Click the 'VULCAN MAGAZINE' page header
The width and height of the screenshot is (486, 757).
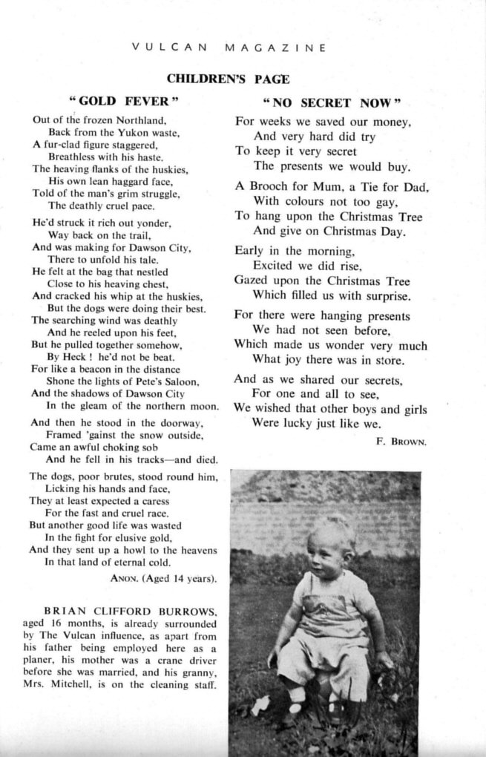(229, 48)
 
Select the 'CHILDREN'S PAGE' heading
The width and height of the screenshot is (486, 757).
(228, 79)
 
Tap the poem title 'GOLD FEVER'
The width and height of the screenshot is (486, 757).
(124, 100)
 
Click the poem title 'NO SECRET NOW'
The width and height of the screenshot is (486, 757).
(332, 101)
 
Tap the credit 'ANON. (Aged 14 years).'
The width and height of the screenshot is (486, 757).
(163, 577)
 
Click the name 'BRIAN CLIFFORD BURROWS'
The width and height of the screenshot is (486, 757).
(131, 612)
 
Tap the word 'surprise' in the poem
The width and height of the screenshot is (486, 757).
(384, 295)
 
